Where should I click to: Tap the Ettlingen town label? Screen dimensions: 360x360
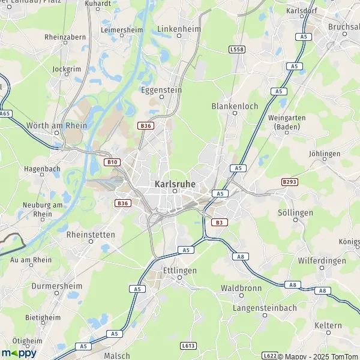(179, 271)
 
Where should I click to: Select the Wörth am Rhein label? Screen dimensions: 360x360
(57, 126)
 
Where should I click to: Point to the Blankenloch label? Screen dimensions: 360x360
(235, 106)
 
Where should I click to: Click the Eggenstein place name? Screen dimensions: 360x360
(161, 90)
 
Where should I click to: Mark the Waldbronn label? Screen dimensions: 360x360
(240, 288)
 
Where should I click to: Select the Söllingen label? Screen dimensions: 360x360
(296, 213)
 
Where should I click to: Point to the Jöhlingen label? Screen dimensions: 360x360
(325, 154)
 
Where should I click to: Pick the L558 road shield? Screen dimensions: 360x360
(237, 49)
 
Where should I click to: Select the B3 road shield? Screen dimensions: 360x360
(219, 222)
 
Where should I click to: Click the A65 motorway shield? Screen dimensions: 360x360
(5, 113)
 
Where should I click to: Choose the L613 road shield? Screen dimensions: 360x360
(188, 346)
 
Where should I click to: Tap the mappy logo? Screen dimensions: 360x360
(19, 352)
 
